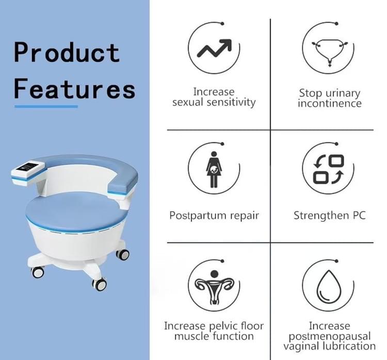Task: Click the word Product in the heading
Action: coord(67,53)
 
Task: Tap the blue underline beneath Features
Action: coord(46,107)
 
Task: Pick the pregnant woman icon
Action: coord(213,169)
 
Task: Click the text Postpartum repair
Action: coord(214,215)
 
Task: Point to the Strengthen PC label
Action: coord(329,215)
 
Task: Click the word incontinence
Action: coord(329,103)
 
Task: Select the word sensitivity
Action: coord(231,102)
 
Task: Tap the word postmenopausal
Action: coord(329,336)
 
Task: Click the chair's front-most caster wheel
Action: coord(99,283)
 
